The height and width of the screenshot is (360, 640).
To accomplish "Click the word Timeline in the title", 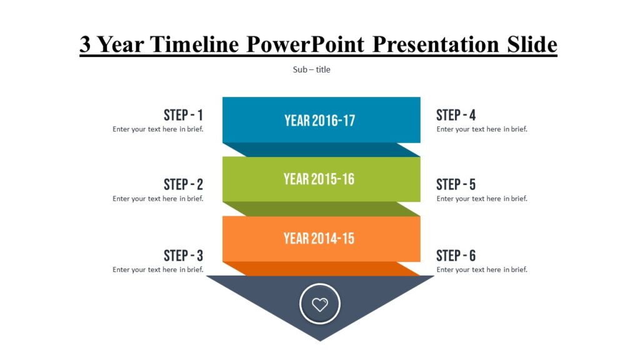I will (x=195, y=44).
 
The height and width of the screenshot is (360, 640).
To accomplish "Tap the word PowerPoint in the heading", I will (x=306, y=44).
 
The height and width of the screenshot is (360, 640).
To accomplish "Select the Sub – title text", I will (x=311, y=69).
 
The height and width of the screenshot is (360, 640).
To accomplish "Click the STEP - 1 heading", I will (x=183, y=115).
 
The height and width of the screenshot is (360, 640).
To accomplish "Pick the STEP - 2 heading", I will (x=183, y=184).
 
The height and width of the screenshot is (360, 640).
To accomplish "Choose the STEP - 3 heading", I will (x=183, y=256).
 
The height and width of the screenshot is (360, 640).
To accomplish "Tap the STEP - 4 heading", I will (x=456, y=115).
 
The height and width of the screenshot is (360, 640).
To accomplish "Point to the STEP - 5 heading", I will (x=456, y=184).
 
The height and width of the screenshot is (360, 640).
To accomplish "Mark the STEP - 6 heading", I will (x=456, y=256).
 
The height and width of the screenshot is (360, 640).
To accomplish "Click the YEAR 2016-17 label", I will (x=319, y=120).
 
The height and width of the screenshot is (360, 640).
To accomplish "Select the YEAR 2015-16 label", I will (x=319, y=179).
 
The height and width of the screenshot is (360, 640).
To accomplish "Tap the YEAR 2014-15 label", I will (x=319, y=238).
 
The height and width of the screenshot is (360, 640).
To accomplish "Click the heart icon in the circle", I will (x=319, y=305).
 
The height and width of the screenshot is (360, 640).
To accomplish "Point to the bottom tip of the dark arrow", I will (x=320, y=339).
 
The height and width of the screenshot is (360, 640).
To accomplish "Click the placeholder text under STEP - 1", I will (x=157, y=129).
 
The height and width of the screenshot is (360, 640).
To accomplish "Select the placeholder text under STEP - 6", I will (x=482, y=270).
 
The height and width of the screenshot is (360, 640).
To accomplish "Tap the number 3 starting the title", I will (x=86, y=44).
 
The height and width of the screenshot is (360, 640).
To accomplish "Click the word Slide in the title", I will (x=529, y=44).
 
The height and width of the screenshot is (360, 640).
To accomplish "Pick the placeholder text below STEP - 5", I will (x=482, y=199).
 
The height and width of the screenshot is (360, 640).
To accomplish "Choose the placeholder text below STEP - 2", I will (x=157, y=199).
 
